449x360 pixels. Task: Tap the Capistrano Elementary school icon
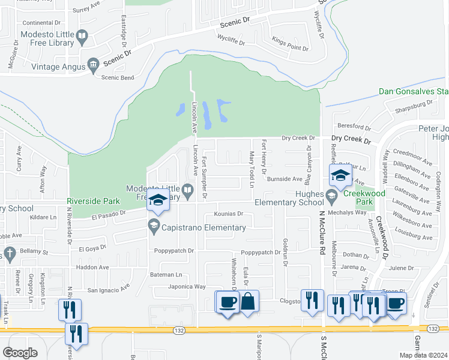(x=153, y=227)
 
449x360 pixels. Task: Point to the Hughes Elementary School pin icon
(x=331, y=195)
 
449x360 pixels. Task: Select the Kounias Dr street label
(x=228, y=213)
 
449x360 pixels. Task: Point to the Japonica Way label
(x=187, y=287)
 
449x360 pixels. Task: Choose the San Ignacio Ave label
(x=108, y=289)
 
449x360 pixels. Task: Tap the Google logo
(x=20, y=353)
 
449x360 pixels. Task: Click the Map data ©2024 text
(x=423, y=355)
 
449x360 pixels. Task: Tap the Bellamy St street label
(x=32, y=253)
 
